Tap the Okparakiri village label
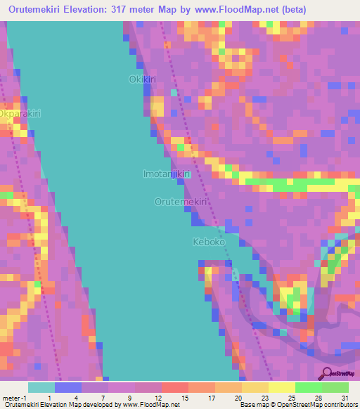coord(20,113)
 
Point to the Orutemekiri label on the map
coord(181,202)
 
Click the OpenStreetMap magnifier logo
coord(328,373)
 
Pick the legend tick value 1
coord(49,397)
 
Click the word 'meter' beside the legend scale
coord(11,397)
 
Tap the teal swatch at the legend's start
coord(41,387)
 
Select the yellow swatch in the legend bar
coord(281,387)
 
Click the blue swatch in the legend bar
coord(67,387)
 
